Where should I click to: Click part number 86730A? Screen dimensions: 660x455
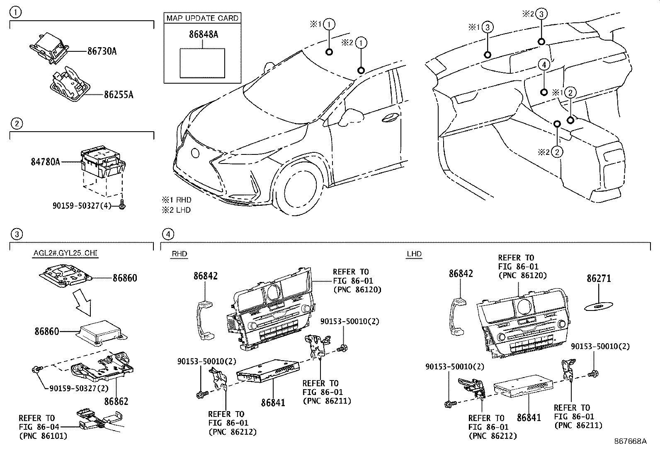102,51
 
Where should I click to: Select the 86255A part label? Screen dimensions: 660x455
119,94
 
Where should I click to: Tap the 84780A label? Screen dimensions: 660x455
45,161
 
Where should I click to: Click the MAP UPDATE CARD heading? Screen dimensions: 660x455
202,18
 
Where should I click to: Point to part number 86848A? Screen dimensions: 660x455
204,34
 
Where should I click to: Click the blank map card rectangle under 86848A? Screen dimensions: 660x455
202,63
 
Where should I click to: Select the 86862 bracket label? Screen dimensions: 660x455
116,401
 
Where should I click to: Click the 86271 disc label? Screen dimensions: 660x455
599,278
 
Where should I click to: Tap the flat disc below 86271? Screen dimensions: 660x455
598,306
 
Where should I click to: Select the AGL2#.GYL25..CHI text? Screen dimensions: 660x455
66,253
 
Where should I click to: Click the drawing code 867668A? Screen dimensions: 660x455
630,441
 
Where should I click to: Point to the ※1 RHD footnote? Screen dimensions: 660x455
177,200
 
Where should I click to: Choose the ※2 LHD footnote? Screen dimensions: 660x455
176,210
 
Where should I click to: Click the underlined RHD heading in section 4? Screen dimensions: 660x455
180,254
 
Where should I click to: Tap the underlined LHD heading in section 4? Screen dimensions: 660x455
414,254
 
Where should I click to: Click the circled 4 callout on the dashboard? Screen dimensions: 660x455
544,65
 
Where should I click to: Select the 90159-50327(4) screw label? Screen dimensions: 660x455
82,205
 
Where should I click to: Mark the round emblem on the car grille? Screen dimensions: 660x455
195,153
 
